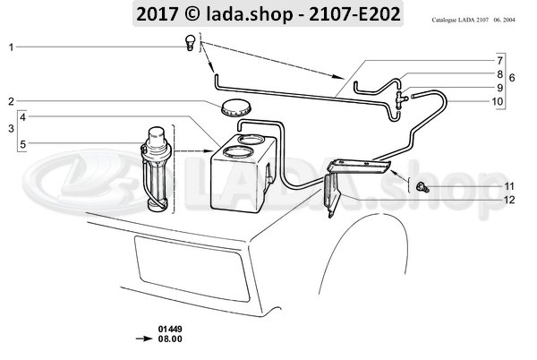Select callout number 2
[x=10, y=100]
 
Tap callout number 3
[x=10, y=130]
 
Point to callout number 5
[x=24, y=143]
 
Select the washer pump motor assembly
[x=158, y=168]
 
